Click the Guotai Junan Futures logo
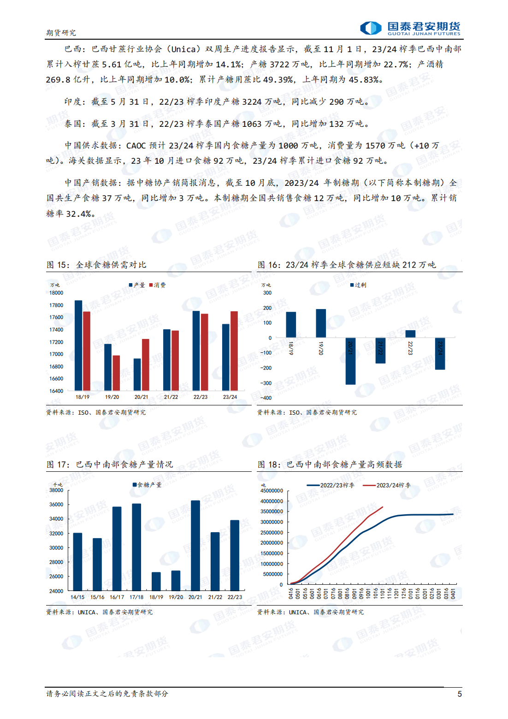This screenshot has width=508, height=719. tap(410, 28)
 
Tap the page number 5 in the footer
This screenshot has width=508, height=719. tap(459, 694)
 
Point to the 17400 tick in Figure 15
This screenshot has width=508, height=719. tap(56, 330)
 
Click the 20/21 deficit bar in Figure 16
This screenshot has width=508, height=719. tap(350, 361)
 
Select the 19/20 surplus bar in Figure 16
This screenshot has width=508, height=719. tap(321, 323)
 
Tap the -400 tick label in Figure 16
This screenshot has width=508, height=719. tap(266, 398)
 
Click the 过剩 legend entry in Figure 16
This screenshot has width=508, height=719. tap(358, 285)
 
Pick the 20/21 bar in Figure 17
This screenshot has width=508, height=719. tap(195, 545)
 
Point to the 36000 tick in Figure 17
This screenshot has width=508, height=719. tap(56, 505)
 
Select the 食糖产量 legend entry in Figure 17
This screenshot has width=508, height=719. tap(147, 485)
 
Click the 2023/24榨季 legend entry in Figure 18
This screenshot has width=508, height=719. tap(387, 485)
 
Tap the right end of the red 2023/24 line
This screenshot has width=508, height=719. tap(383, 507)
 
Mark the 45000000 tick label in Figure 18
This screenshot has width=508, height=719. tap(272, 491)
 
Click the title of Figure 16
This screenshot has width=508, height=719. tap(347, 265)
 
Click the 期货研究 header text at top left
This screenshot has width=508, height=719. tap(61, 32)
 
